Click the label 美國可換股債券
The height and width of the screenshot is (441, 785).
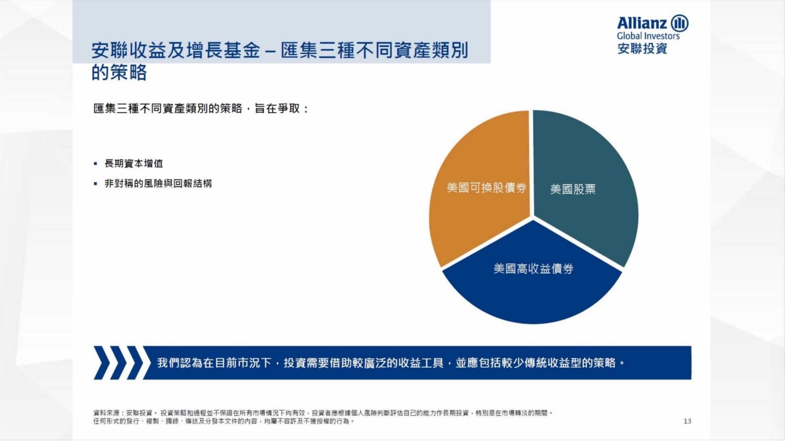click(486, 188)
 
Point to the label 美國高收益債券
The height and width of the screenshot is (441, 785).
click(533, 268)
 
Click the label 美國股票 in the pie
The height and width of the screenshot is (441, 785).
click(573, 189)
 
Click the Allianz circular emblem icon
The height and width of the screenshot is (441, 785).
click(680, 23)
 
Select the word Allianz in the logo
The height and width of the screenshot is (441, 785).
click(642, 23)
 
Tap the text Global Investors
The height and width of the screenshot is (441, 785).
click(648, 36)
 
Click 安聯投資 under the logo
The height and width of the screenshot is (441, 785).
click(642, 48)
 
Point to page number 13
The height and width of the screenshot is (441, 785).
click(687, 421)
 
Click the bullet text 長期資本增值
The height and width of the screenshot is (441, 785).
click(134, 164)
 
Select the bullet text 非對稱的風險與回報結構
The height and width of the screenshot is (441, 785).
click(158, 183)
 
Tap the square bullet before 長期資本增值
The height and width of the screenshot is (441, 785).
click(95, 164)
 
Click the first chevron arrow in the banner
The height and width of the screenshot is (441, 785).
click(101, 363)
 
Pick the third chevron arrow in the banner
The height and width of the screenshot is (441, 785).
click(135, 363)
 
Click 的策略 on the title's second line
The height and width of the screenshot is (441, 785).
click(119, 73)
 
